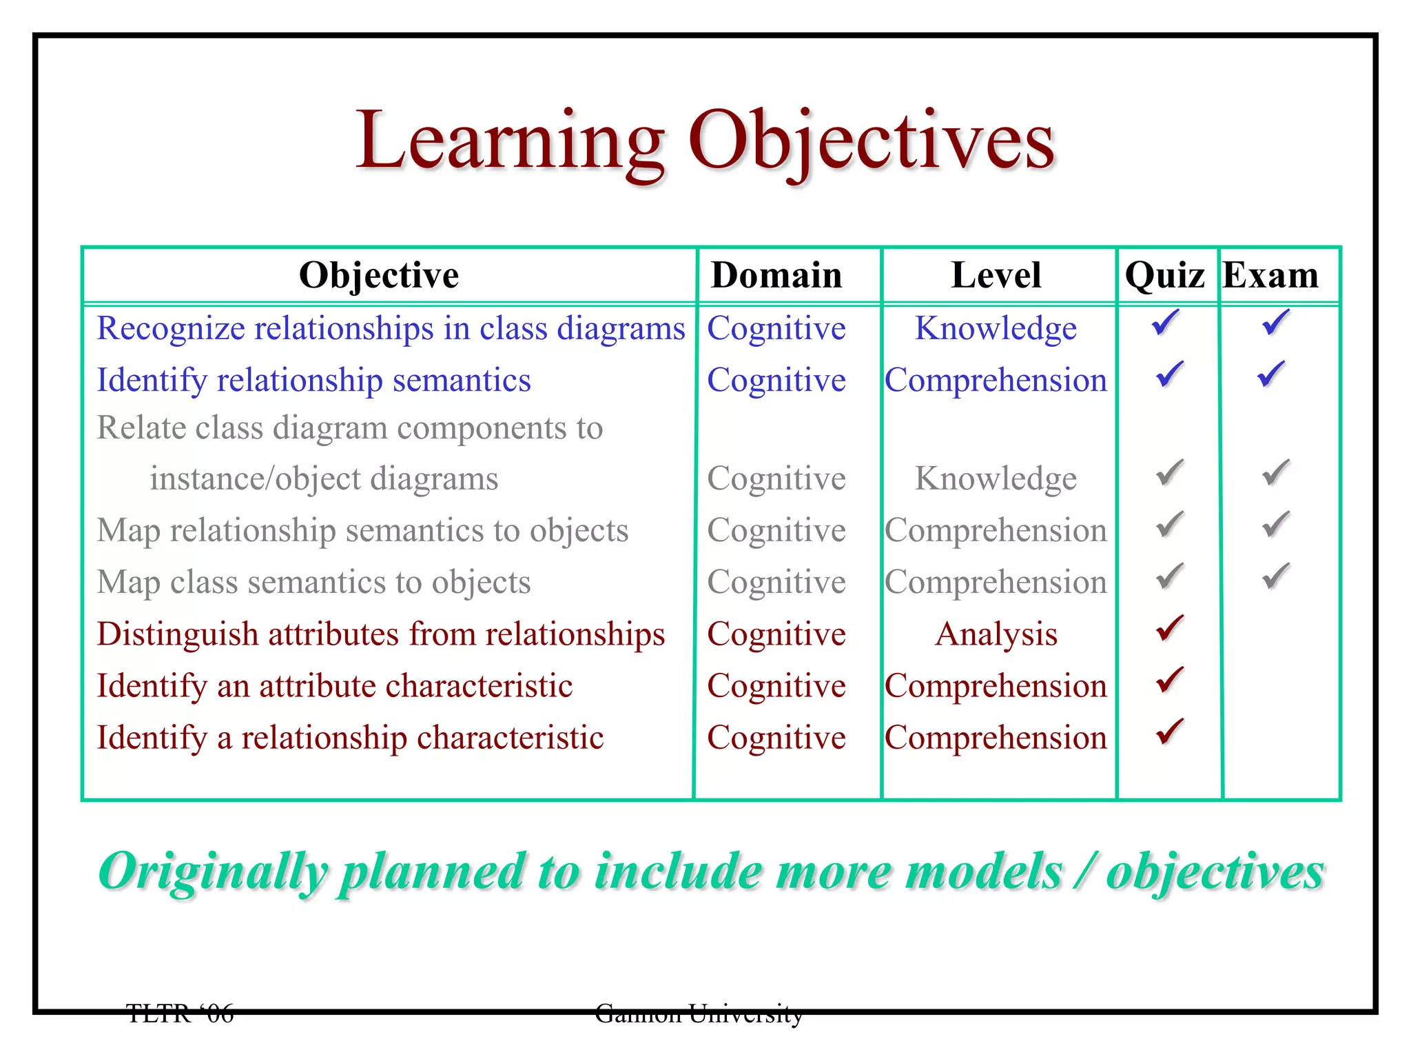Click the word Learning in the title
510,141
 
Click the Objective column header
379,275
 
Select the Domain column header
776,275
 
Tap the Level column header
996,275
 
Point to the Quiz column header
1164,275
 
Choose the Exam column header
1270,275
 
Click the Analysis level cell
996,634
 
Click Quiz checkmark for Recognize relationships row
1166,323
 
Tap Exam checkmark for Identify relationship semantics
1271,374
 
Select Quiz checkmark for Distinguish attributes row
1169,628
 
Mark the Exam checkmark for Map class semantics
1275,576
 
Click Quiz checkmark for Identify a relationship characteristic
1169,732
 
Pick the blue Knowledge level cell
996,328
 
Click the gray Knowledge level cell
996,478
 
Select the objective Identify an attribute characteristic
335,686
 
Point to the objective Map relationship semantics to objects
362,531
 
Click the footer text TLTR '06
180,1013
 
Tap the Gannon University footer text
699,1013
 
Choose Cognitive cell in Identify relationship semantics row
776,381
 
